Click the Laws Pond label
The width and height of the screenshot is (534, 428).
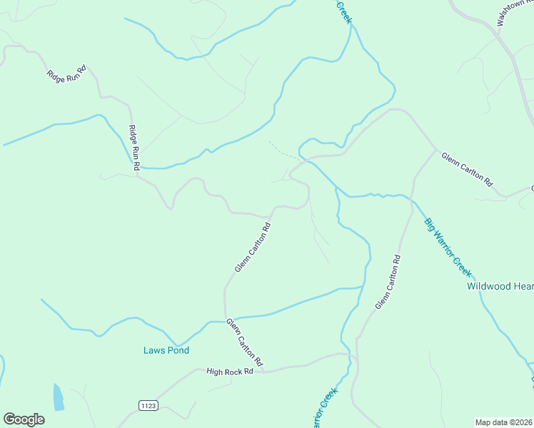pos(166,350)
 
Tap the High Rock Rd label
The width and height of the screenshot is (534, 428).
pos(230,372)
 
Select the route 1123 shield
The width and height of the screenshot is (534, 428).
pos(148,405)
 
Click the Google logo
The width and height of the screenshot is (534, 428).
pos(24,419)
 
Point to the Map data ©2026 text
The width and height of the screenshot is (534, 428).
pos(504,422)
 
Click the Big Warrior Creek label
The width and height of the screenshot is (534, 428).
pos(448,247)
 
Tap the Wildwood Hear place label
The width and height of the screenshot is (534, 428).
pos(500,286)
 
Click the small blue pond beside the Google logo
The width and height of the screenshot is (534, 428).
pos(58,397)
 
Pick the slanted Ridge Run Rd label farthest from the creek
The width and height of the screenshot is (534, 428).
pos(66,72)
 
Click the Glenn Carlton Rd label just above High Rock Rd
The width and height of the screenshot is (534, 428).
pos(245,342)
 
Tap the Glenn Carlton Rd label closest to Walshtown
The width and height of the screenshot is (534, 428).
pos(467,169)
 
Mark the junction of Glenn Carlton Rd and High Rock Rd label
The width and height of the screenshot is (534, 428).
pos(263,371)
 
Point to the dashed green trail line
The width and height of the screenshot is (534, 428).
pos(284,151)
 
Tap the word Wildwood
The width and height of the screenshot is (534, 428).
pos(489,286)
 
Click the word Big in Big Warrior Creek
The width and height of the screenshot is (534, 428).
pos(430,223)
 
